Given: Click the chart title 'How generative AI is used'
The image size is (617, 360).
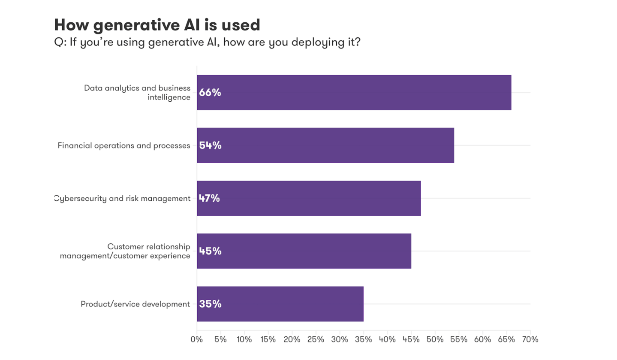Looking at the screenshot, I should pos(157,25).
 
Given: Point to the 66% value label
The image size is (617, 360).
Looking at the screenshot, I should pos(210,93).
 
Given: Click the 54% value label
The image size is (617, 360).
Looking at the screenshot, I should pos(210,145).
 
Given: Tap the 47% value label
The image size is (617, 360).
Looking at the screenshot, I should pos(210,198).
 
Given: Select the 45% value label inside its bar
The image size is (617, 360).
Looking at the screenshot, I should pos(210,251).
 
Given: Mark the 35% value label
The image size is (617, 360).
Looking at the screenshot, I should pos(210,304).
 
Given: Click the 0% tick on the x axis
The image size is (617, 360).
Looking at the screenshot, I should pos(197,339).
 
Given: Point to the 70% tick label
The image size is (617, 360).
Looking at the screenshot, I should pos(530,339).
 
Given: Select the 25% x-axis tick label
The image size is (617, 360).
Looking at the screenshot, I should pos(316,339).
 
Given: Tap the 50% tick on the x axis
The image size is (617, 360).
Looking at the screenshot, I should pos(435,339).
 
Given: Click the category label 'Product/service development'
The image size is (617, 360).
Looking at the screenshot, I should pos(135,304).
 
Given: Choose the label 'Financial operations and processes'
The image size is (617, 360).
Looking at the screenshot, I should pos(124,145).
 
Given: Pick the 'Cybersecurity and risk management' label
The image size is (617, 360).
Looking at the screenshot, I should pos(123,198).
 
